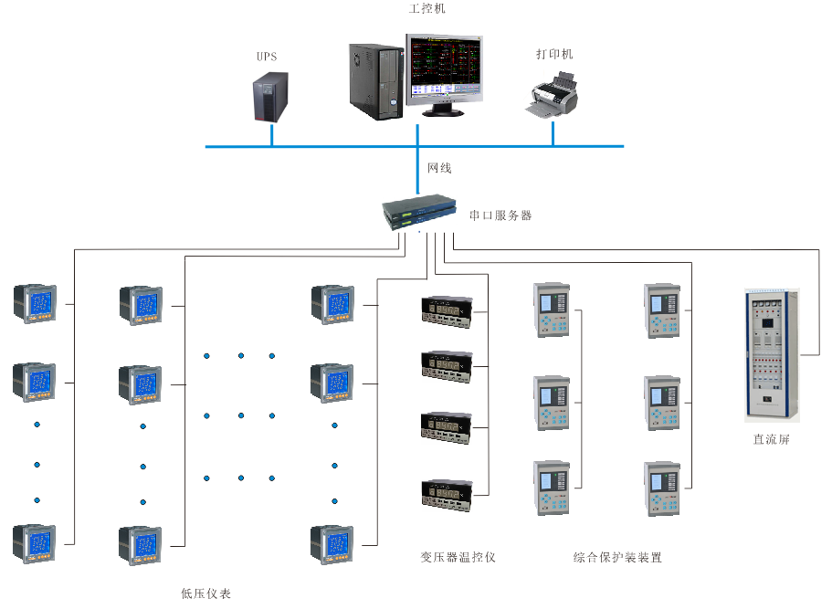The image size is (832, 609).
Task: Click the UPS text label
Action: point(266,57)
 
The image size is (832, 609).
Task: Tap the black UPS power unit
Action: point(270,98)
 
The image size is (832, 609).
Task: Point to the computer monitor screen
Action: point(446,68)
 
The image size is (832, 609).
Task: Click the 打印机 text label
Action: point(553,55)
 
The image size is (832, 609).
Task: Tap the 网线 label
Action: point(439,169)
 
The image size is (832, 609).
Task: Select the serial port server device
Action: point(418,212)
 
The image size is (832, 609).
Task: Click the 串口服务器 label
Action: point(500,216)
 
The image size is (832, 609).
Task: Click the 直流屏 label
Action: point(771,439)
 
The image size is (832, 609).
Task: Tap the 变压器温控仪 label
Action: point(458,557)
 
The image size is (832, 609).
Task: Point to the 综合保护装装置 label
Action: point(617,557)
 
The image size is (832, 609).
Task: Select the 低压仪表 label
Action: point(205,593)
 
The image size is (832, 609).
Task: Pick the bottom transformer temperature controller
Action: point(446,494)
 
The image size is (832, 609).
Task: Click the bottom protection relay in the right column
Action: point(662,489)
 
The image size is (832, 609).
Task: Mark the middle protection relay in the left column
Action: point(552,400)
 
